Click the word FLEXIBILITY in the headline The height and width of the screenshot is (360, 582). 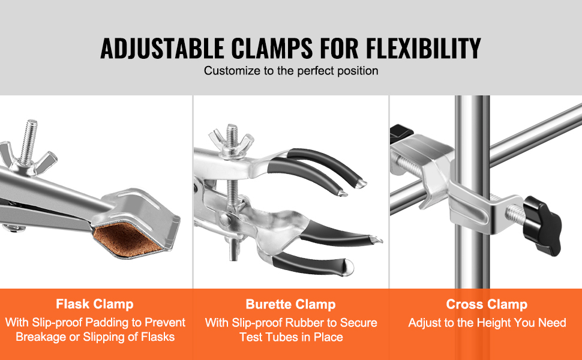[x=423, y=48]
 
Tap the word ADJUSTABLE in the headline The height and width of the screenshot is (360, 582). [x=162, y=48]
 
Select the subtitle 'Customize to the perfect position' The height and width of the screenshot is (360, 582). [x=291, y=71]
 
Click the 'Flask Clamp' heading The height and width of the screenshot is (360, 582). [x=95, y=304]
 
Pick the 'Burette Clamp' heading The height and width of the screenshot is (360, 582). [x=290, y=304]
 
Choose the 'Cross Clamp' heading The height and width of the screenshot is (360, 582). [x=487, y=304]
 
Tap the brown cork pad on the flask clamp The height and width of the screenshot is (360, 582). [x=128, y=239]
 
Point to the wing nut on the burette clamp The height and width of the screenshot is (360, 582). [x=231, y=145]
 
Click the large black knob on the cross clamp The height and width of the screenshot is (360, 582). [x=542, y=226]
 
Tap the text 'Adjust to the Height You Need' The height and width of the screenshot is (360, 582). [x=487, y=323]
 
